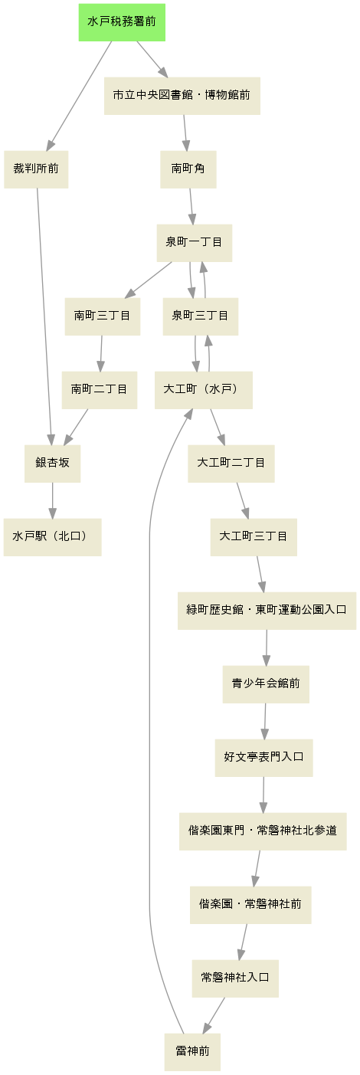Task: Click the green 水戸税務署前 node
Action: [x=122, y=22]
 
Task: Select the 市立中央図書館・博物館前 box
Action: [x=182, y=96]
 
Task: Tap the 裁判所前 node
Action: [x=36, y=169]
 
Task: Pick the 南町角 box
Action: [x=188, y=169]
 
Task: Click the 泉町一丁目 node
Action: [x=195, y=243]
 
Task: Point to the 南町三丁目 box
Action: [x=102, y=316]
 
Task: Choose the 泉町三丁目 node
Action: [x=200, y=316]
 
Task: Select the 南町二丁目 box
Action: [x=100, y=390]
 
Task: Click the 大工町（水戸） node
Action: [x=204, y=390]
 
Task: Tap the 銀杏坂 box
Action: [x=52, y=464]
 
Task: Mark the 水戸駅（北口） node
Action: [x=52, y=537]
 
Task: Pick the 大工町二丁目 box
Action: [x=231, y=464]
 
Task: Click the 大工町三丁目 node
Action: [x=254, y=537]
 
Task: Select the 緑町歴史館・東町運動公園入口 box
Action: [x=267, y=611]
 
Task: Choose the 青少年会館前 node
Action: [x=266, y=684]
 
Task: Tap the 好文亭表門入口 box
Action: [x=263, y=758]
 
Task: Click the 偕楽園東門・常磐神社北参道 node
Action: [x=263, y=831]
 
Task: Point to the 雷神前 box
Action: [x=192, y=1052]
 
